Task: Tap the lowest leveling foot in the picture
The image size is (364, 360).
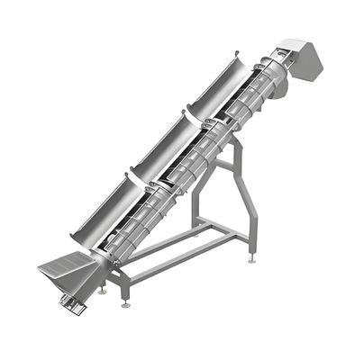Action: click(x=125, y=303)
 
